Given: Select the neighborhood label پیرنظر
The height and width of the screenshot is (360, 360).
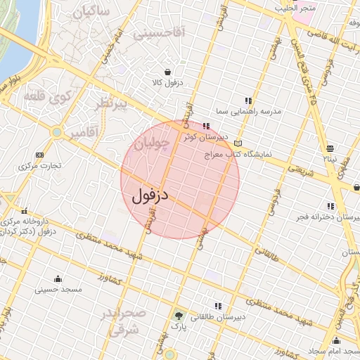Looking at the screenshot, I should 112,105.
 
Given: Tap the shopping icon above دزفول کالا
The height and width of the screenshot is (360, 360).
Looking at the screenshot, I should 167,72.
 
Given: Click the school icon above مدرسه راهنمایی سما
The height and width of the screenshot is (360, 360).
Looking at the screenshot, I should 247,101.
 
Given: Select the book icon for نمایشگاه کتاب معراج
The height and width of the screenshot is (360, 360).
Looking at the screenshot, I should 247,143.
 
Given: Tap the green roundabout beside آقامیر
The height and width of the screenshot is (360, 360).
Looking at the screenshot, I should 56,131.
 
